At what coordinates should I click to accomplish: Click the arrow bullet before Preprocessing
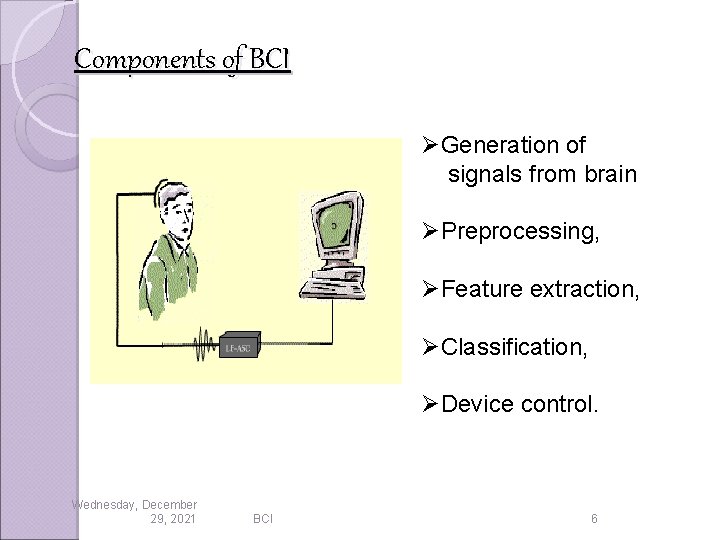coord(431,232)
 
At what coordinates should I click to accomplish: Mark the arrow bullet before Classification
coord(431,347)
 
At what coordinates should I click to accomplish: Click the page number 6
coord(594,519)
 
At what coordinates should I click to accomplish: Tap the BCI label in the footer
coord(263,519)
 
